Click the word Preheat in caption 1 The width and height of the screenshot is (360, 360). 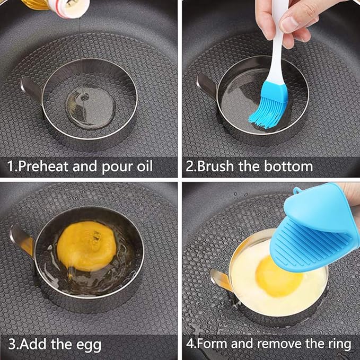43,167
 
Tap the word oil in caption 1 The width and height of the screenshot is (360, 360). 142,166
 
